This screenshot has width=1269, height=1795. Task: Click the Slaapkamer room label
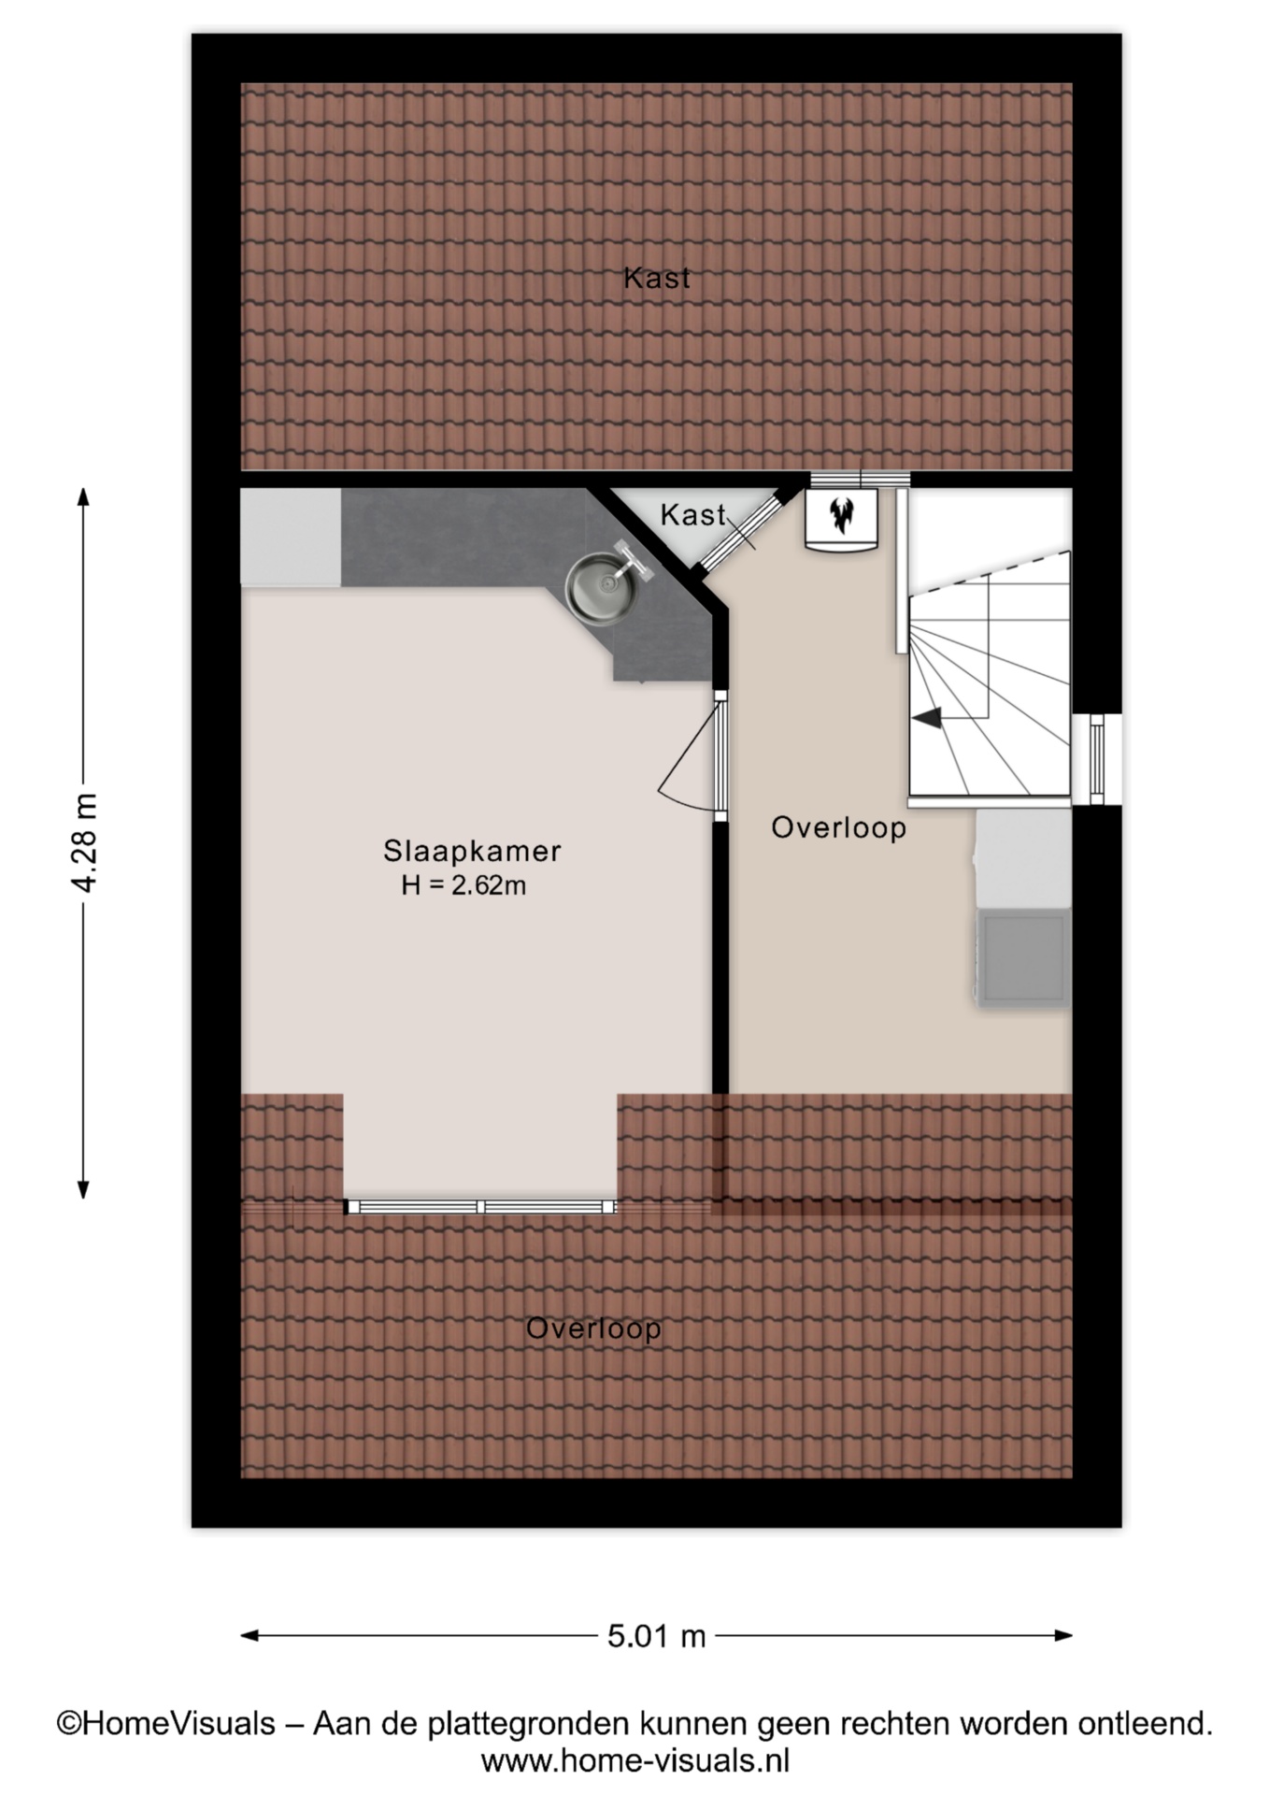tap(472, 851)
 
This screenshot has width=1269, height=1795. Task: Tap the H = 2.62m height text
tap(463, 885)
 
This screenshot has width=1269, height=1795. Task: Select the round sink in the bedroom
tap(601, 588)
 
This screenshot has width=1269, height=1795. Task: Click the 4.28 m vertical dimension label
tap(85, 842)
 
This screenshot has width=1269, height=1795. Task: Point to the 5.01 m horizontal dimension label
tap(656, 1636)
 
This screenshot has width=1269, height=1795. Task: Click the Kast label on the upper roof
tap(657, 278)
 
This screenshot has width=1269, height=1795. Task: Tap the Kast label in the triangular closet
tap(692, 514)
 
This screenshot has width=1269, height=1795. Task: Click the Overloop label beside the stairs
tap(838, 827)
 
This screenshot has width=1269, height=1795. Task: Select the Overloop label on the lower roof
tap(593, 1328)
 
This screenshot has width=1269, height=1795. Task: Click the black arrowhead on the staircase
tap(927, 718)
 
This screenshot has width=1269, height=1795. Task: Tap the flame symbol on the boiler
tap(842, 514)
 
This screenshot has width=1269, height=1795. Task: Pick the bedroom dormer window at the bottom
tap(480, 1207)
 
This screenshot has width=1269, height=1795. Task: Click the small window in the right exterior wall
tap(1097, 759)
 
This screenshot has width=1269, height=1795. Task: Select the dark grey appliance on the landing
tap(1023, 957)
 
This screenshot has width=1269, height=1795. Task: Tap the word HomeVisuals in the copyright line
tap(179, 1723)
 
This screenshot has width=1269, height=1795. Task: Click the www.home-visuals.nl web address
tap(635, 1761)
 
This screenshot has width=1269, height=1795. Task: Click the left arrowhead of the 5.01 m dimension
tap(250, 1636)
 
